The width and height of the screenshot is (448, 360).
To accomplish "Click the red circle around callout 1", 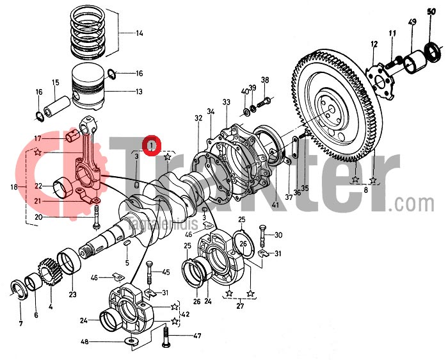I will coord(152,146).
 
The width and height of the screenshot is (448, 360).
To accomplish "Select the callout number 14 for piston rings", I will coord(140,33).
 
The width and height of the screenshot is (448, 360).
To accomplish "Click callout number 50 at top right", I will coord(431,11).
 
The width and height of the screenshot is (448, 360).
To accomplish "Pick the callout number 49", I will coord(412,23).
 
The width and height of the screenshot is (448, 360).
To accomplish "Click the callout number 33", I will coord(226,102).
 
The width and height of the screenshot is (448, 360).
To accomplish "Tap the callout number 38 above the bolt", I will coord(265,80).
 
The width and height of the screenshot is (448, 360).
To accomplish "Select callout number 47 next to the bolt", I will coord(198,335).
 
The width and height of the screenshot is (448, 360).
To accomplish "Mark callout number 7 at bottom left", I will coord(20,323).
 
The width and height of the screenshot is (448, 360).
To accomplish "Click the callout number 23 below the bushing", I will coord(72,295).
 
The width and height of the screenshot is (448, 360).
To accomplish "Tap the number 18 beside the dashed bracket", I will coord(14,188).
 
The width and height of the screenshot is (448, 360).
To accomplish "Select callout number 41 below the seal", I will coord(275,206).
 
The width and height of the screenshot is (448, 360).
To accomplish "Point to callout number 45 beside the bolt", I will coord(166,272).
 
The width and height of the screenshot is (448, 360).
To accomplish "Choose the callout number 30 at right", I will coord(278,235).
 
